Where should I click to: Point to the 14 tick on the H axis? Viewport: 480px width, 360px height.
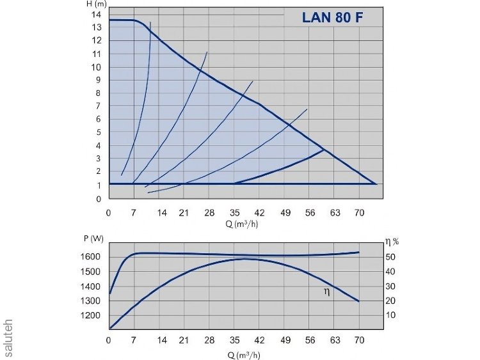pos(97,14)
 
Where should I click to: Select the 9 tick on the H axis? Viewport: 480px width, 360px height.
pos(99,80)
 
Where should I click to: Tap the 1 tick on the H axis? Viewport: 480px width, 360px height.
pos(99,185)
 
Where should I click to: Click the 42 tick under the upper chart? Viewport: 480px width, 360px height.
pos(259,212)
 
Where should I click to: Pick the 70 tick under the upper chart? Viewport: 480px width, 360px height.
pos(360,212)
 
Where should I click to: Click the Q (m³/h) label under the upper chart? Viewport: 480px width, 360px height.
pos(243,224)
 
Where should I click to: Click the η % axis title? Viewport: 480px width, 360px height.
pos(391,241)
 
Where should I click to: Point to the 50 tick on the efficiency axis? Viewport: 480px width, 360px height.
pos(390,257)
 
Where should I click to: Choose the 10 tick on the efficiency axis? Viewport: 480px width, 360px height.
pos(390,316)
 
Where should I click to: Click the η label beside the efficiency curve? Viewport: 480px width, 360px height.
pos(327,292)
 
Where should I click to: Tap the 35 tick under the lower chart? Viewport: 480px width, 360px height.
pos(234,340)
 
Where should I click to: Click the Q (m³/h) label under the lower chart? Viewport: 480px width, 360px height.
pos(243,352)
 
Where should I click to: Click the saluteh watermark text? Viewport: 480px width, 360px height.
pos(8,334)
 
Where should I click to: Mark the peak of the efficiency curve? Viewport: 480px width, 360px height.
pos(245,259)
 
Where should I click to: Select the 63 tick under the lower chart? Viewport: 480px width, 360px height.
pos(334,340)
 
